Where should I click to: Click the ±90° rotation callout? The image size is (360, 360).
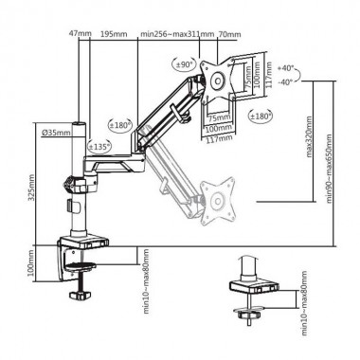pos(185,64)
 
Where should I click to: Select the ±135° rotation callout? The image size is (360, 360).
pos(98,147)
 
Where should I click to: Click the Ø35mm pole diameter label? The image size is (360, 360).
pos(57,133)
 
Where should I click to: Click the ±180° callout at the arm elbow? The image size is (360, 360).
pos(119,123)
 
